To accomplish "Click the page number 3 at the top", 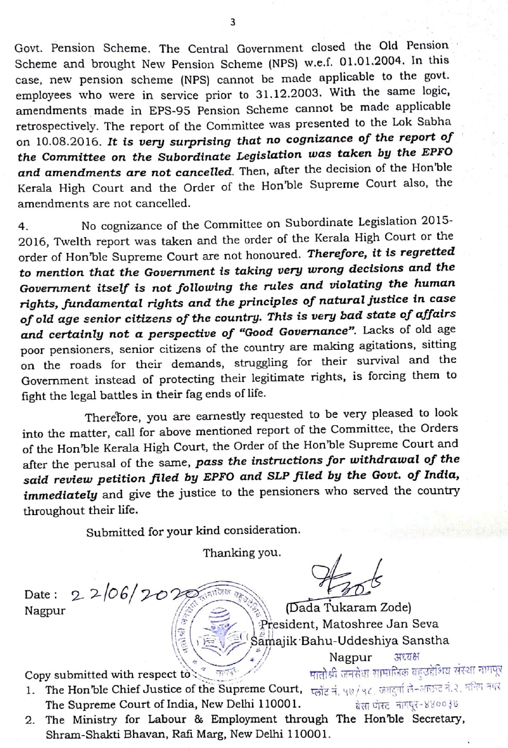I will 232,22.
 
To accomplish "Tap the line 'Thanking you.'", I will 242,553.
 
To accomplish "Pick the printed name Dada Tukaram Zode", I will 348,607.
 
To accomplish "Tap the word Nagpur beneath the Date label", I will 45,610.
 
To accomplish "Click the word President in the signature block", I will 286,624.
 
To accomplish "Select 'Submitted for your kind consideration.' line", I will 193,531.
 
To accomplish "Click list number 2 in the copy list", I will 30,720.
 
